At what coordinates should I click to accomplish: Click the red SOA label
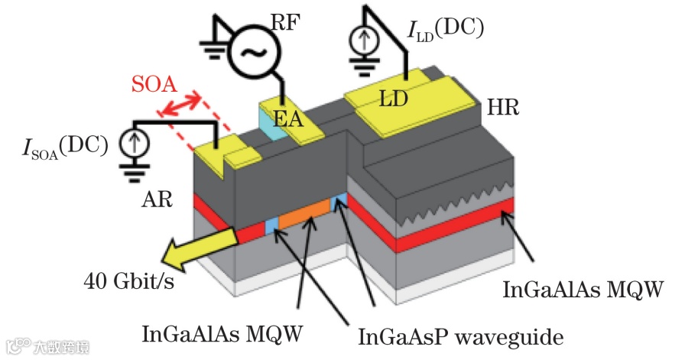(154, 84)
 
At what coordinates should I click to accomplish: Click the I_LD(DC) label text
(446, 31)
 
